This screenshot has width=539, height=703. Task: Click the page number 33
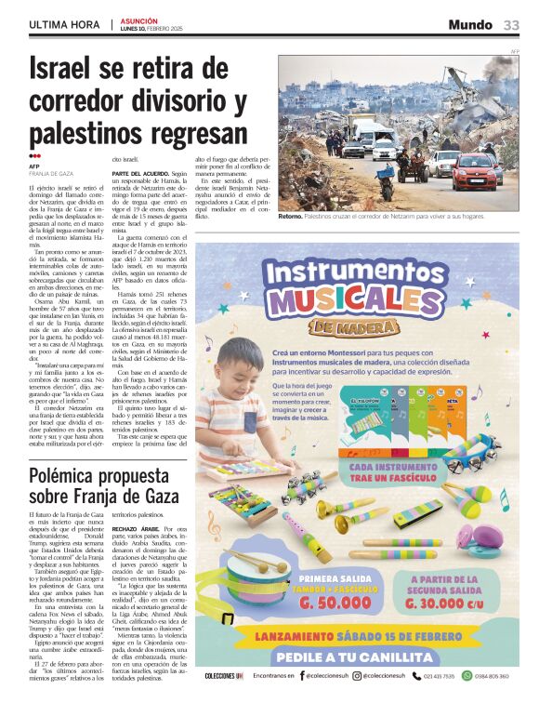[512, 25]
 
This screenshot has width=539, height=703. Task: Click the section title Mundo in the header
[470, 25]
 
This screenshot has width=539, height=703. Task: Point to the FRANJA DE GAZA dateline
[51, 174]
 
